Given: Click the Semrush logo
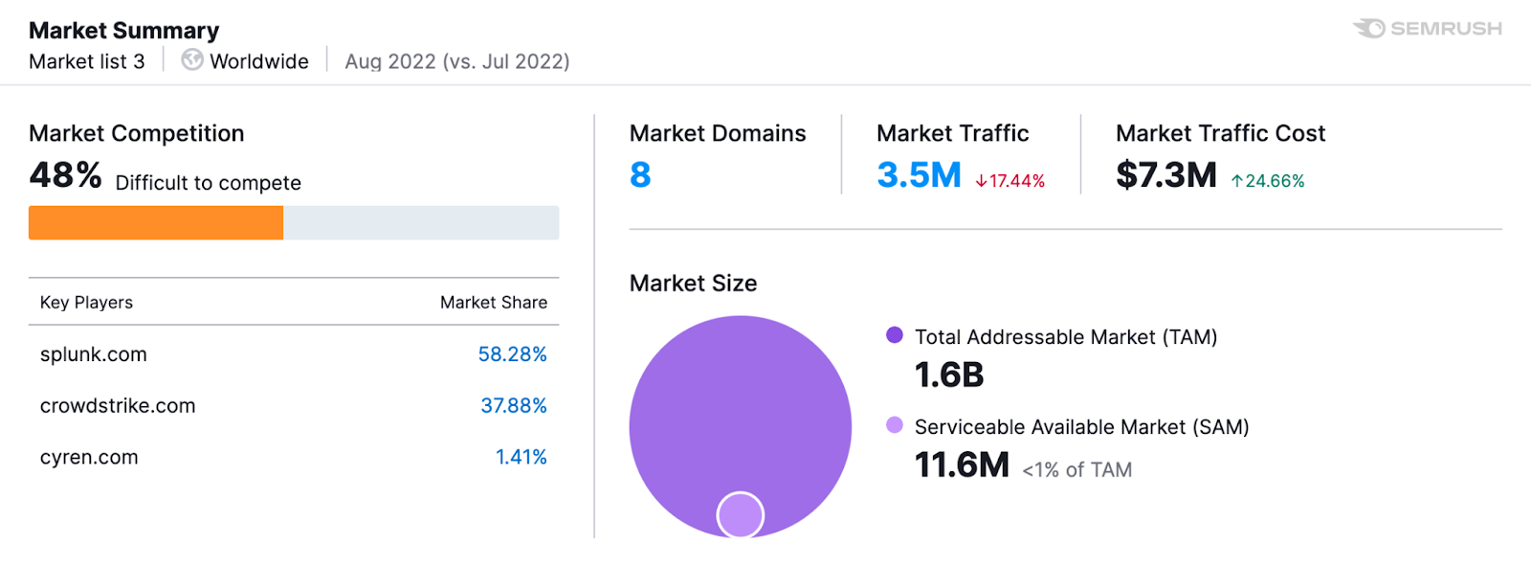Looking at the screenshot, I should [x=1427, y=29].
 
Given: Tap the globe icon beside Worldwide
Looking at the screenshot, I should [x=192, y=60].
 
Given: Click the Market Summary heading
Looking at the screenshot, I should [x=123, y=31].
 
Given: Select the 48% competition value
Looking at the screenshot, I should [x=65, y=175].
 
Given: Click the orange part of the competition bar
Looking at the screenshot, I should [x=156, y=222].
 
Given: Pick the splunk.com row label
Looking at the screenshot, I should [x=94, y=354].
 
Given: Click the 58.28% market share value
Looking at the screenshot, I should [x=512, y=354].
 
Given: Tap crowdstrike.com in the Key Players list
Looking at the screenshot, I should [x=118, y=406].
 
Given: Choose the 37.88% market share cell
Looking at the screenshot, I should [x=513, y=406].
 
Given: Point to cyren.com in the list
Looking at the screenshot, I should [x=89, y=458].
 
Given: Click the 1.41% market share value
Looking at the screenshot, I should [x=521, y=458].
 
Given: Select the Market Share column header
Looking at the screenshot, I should [x=493, y=303].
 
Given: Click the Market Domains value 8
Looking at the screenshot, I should [x=640, y=175].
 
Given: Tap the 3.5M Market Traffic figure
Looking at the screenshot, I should [x=919, y=175].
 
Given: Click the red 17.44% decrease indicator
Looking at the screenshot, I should [x=1010, y=181].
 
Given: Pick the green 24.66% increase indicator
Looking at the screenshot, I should [x=1268, y=181].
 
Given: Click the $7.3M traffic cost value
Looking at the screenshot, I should [x=1165, y=175].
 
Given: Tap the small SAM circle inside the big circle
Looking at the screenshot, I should [x=740, y=514].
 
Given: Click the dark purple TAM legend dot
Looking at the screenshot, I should [x=895, y=335].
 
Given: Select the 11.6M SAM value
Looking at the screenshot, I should [x=962, y=465].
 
